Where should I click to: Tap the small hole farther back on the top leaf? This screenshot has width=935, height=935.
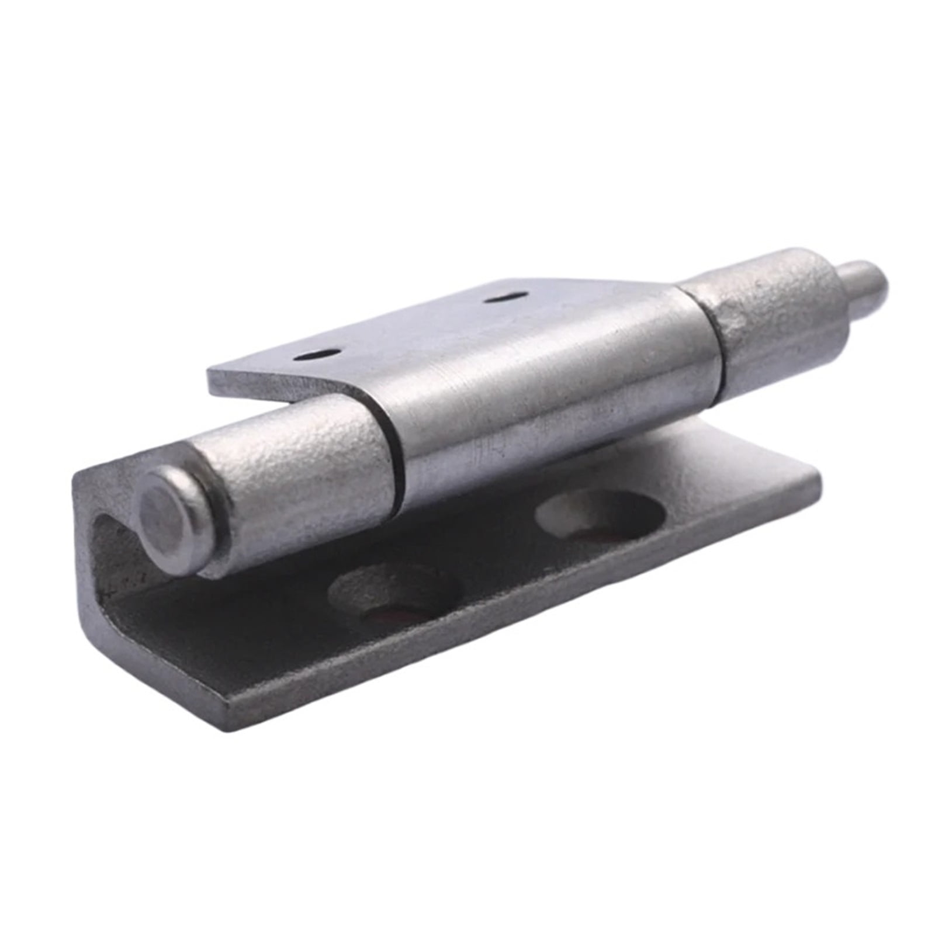point(506,297)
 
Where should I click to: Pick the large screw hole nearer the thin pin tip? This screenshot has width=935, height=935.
point(599,514)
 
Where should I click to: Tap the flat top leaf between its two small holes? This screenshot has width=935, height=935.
point(409,327)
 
